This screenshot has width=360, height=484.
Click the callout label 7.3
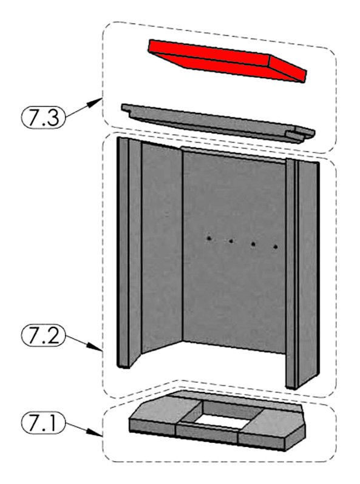pos(43,117)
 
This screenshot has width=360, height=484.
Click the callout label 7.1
pos(43,423)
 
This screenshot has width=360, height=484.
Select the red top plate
pos(227,61)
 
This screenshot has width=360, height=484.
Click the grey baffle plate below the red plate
pos(217,124)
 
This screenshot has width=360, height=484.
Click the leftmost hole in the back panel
pos(209,238)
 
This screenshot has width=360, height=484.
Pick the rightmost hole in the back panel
pos(276,247)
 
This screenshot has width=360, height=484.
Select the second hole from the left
pos(231,241)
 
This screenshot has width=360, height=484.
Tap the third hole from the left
pos(253,244)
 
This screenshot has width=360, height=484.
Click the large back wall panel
pos(234,250)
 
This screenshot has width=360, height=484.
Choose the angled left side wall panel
pos(161,247)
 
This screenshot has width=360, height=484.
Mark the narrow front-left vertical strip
pos(123,252)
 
